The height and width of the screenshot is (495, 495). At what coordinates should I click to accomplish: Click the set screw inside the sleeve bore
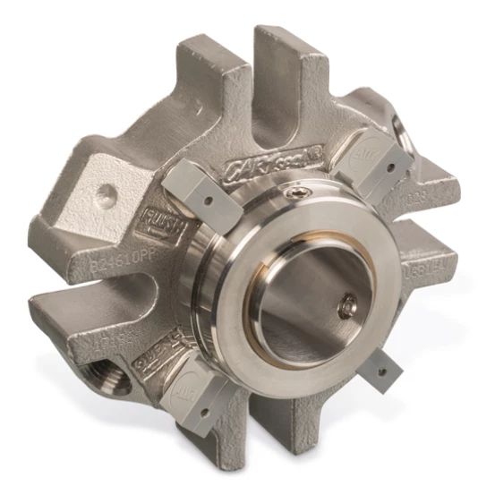[346, 310]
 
